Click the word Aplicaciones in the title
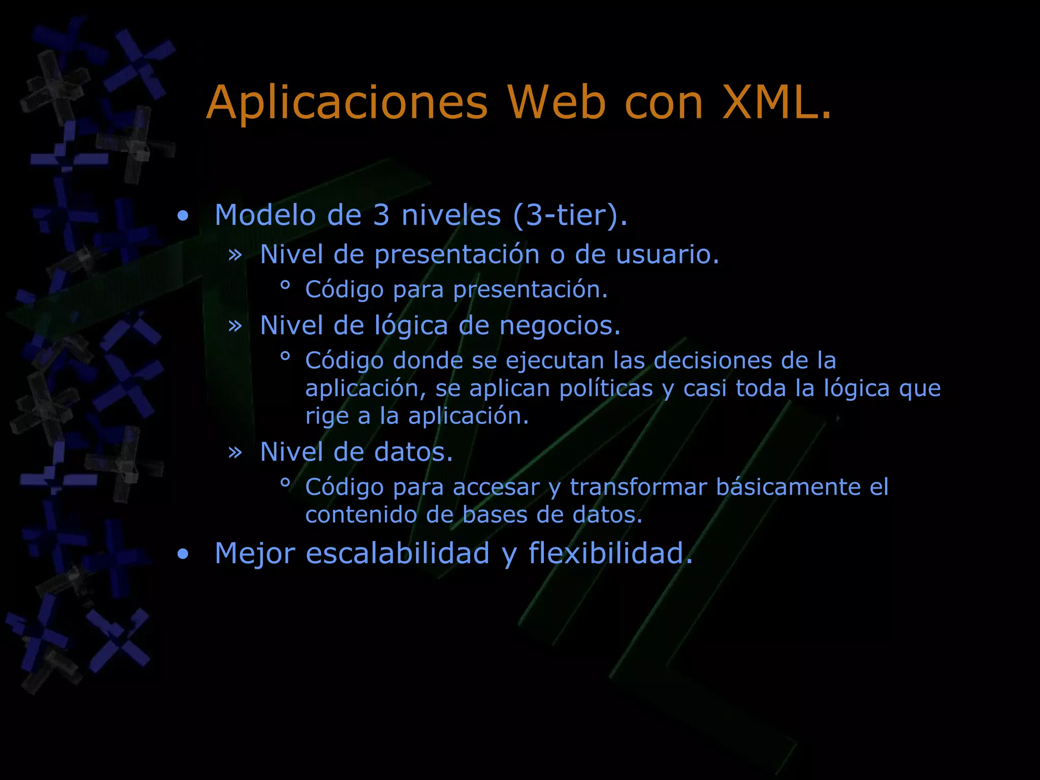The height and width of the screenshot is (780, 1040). (x=347, y=103)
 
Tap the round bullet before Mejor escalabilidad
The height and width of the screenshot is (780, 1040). (x=183, y=555)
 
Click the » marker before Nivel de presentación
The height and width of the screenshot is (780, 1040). (x=235, y=254)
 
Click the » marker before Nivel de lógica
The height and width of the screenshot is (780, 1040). (x=235, y=326)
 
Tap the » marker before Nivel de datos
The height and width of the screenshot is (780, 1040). (x=235, y=452)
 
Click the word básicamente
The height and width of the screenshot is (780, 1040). (x=788, y=487)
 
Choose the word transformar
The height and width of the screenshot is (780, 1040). (x=638, y=487)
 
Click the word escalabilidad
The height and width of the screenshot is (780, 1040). (x=398, y=554)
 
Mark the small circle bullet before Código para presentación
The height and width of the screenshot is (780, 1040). (x=285, y=286)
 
